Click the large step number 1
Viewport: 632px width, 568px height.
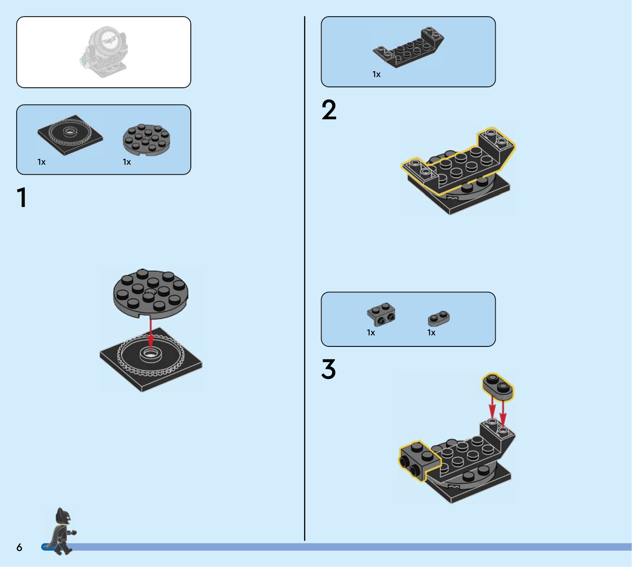point(22,197)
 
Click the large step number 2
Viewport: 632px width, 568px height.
point(329,110)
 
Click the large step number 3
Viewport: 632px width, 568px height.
point(329,369)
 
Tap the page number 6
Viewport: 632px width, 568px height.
point(19,547)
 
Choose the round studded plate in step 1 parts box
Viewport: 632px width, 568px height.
point(146,139)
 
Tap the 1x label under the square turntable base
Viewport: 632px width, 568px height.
point(41,162)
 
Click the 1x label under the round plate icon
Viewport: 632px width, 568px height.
point(127,162)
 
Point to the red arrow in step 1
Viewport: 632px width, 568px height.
point(150,334)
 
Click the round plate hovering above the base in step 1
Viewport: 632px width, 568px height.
point(150,294)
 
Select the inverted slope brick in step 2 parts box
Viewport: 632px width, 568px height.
point(408,47)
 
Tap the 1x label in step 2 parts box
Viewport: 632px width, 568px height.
point(376,74)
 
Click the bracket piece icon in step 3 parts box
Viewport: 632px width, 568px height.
point(381,314)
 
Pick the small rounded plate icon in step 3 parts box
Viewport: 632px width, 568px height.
point(438,318)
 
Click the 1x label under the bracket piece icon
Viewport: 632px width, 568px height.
point(371,333)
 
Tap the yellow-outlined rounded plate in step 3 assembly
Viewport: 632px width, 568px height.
point(498,386)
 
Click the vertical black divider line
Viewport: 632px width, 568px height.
point(305,278)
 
